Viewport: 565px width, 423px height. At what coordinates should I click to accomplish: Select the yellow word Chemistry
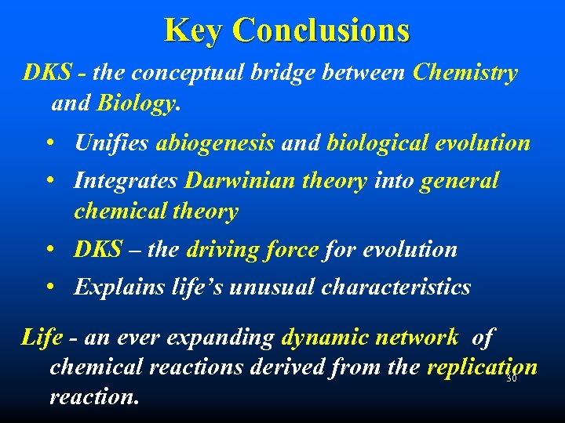coord(465,73)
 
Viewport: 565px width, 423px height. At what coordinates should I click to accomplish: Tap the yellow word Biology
coord(135,103)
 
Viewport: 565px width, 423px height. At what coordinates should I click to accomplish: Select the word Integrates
coord(126,181)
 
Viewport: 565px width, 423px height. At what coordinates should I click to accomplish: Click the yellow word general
coord(460,181)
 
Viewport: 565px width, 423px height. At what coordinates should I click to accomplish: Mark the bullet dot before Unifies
coord(49,143)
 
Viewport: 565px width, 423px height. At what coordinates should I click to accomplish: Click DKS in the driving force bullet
coord(98,249)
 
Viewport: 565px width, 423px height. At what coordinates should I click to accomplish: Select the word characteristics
coord(396,287)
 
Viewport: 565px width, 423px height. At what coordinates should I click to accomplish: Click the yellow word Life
coord(42,338)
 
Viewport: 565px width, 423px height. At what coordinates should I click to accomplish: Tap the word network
coord(425,338)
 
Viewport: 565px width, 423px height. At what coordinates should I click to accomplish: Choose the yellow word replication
coord(482,367)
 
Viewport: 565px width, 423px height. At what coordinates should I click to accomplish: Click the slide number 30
coord(511,379)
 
